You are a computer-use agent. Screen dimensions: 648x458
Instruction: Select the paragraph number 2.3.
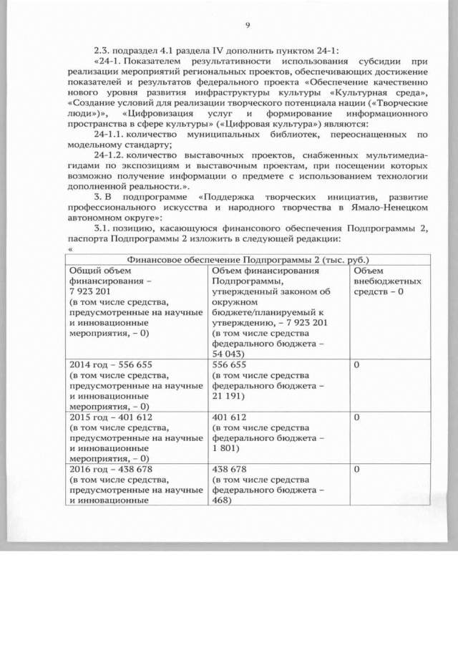(x=103, y=50)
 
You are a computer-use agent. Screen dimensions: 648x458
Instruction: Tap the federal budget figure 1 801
(x=223, y=448)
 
